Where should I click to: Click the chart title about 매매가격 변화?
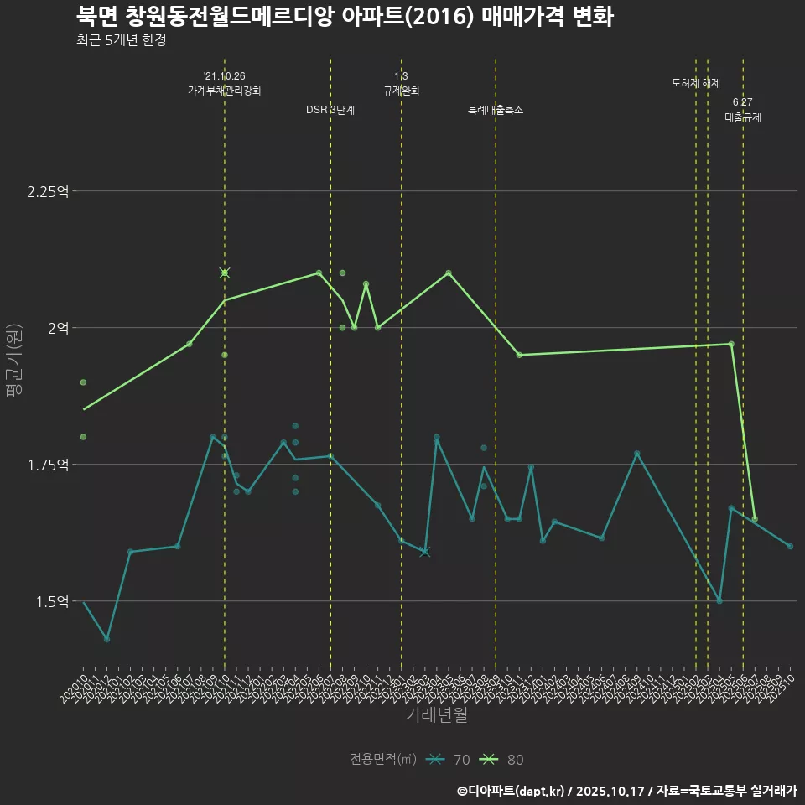tap(345, 16)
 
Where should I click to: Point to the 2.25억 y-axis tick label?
tap(48, 191)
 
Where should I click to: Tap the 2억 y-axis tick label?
tap(58, 328)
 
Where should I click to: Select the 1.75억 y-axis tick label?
tap(48, 465)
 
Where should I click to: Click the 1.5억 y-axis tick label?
tap(52, 601)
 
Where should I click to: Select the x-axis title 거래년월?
tap(436, 714)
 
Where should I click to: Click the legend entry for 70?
tap(448, 760)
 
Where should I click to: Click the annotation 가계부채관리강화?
tap(225, 91)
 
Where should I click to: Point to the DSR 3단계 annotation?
tap(330, 110)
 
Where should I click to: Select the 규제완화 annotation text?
tap(401, 91)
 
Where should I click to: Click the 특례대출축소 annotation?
tap(496, 110)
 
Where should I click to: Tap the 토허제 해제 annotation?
tap(696, 83)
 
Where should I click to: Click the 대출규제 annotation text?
tap(743, 117)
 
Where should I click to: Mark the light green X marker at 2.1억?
tap(225, 273)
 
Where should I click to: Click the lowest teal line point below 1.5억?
tap(106, 639)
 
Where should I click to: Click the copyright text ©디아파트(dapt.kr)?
tap(512, 791)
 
